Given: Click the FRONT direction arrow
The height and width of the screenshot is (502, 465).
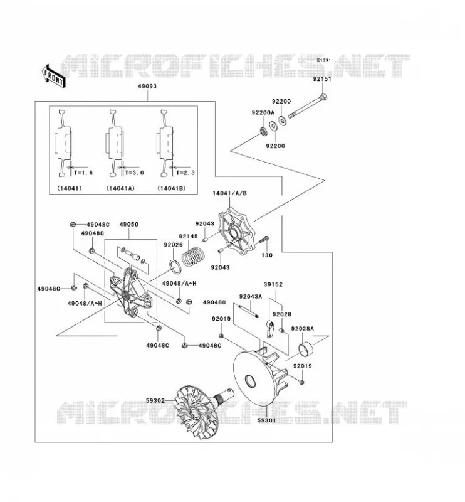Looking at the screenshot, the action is click(53, 76).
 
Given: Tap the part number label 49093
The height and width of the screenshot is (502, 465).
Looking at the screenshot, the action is click(147, 87).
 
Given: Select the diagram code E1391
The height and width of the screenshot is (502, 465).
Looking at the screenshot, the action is click(323, 60).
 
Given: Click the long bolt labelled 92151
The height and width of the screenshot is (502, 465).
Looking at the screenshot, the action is click(308, 106).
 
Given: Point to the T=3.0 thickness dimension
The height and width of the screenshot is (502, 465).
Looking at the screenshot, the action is click(134, 173).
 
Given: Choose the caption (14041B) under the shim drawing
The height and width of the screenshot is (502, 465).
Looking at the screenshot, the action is click(172, 188).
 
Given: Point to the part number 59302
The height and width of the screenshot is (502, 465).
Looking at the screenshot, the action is click(155, 400).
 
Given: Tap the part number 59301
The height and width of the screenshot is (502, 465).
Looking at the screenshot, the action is click(266, 420).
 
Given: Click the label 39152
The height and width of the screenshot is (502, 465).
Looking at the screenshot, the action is click(273, 284).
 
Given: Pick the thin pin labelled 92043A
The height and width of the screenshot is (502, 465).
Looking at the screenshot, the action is click(248, 311).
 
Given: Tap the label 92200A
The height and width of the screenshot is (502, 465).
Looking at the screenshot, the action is click(263, 112).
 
